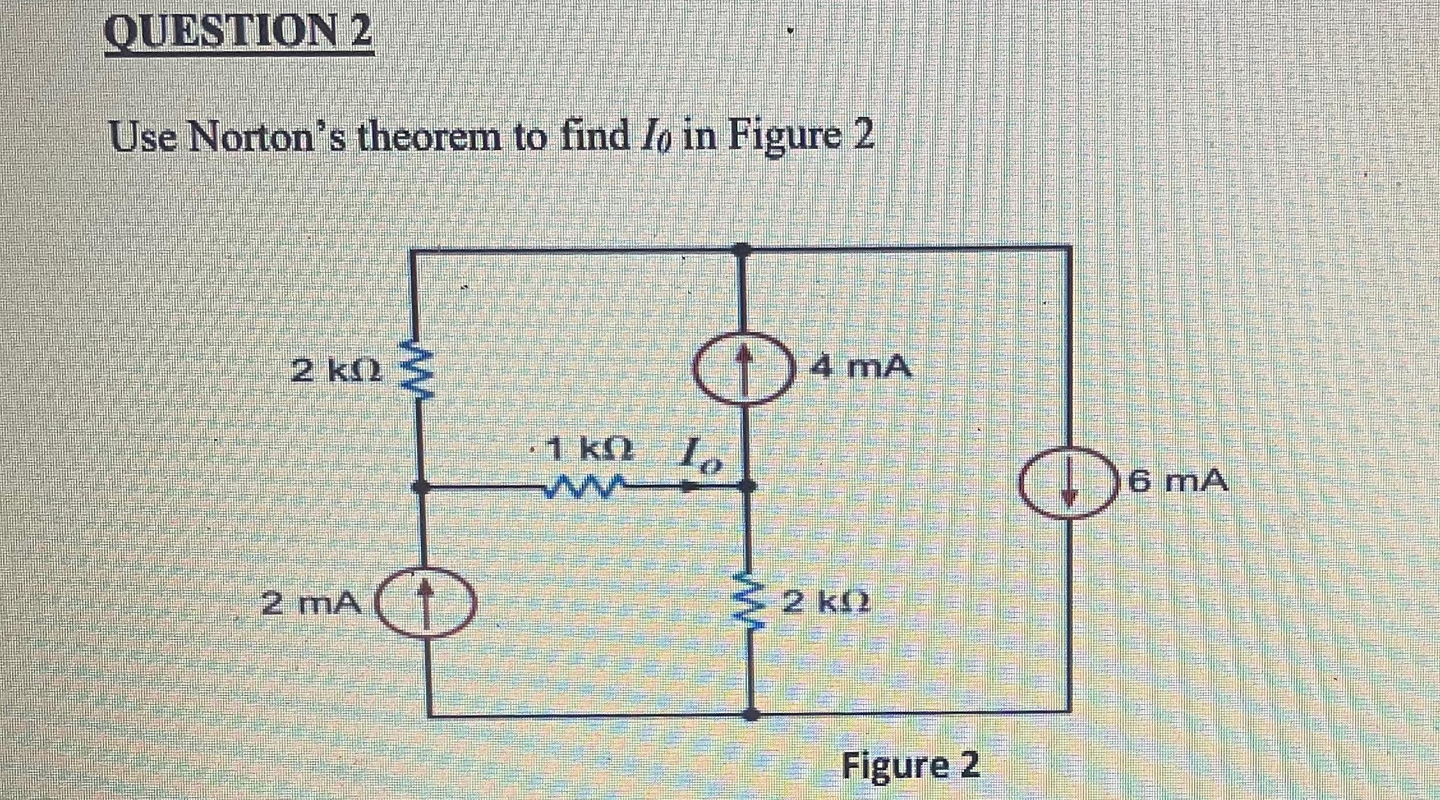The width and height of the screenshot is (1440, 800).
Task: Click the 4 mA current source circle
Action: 742,368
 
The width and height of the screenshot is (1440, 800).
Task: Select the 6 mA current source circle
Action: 1071,482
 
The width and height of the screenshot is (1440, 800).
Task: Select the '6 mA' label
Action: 1178,481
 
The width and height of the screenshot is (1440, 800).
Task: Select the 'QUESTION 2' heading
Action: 239,33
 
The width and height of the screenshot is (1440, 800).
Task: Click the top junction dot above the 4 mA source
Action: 741,249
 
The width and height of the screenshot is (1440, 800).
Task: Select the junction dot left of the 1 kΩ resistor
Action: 420,488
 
